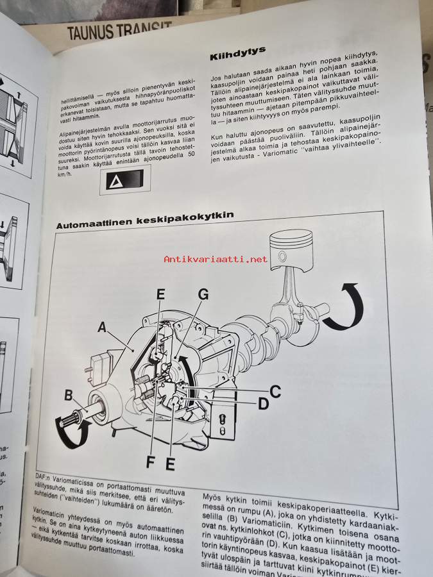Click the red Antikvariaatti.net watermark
[216, 259]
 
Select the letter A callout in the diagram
[102, 328]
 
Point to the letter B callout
[69, 395]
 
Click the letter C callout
[274, 390]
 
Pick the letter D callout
[262, 404]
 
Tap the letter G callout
[203, 294]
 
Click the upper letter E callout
[160, 294]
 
